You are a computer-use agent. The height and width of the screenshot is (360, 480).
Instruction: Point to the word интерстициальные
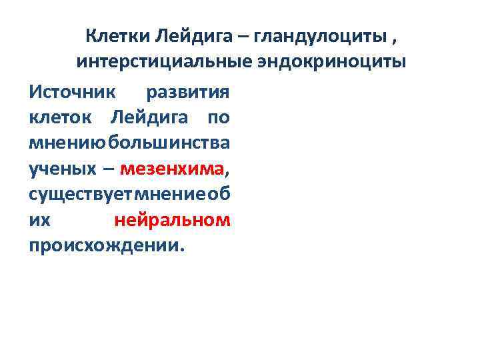(x=162, y=63)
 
